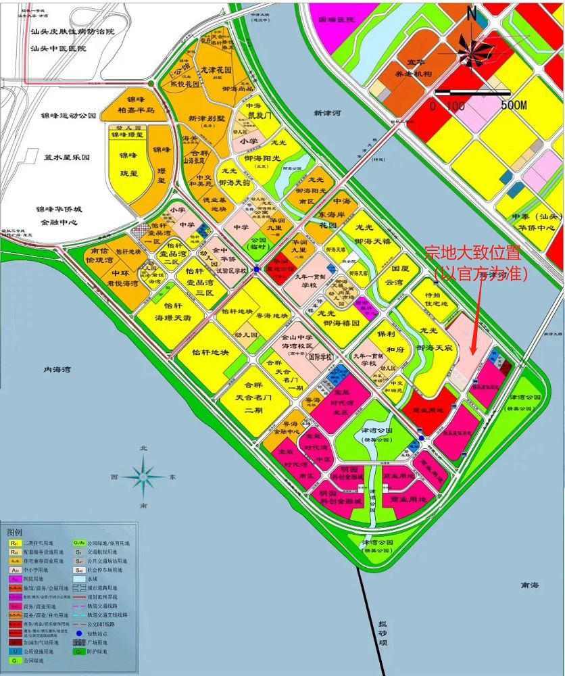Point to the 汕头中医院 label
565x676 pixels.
click(59, 49)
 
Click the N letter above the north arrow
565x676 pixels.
click(472, 13)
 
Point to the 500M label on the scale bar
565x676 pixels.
click(513, 106)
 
